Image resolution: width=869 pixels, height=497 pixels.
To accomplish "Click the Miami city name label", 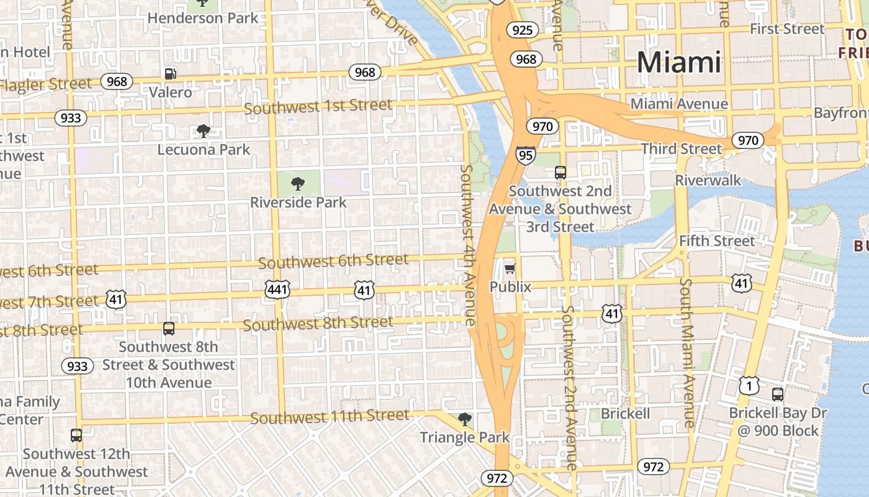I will (x=679, y=62).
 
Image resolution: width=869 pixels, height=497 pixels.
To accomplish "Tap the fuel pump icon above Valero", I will (x=170, y=74).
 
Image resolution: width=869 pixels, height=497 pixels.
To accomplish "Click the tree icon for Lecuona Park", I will (x=203, y=130).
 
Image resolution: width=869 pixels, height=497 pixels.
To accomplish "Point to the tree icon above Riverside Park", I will (x=298, y=183).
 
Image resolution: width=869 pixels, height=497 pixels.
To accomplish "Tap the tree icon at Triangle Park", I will (x=464, y=419).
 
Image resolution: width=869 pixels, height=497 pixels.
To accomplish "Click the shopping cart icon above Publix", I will (x=510, y=268).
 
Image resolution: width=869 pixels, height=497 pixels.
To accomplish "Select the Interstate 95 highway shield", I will (x=525, y=155).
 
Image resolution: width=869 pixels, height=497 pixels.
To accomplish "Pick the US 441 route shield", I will (x=277, y=289).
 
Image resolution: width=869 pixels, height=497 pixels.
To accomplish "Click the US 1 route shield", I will (x=749, y=386).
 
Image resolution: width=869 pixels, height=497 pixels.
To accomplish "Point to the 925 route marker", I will (x=522, y=30).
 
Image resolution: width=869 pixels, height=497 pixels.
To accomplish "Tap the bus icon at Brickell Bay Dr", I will (x=777, y=394).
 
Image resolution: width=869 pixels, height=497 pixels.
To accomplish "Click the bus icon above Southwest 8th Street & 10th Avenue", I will (x=168, y=328).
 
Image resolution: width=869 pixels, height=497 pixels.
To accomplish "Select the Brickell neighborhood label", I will (x=625, y=414).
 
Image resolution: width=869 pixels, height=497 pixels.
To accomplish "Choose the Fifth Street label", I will (x=717, y=240).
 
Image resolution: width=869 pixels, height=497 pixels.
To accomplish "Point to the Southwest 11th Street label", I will (x=330, y=416).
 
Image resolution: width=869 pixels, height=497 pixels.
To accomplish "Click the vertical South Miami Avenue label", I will (x=687, y=352).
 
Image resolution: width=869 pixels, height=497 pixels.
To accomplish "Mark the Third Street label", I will (x=681, y=149).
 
